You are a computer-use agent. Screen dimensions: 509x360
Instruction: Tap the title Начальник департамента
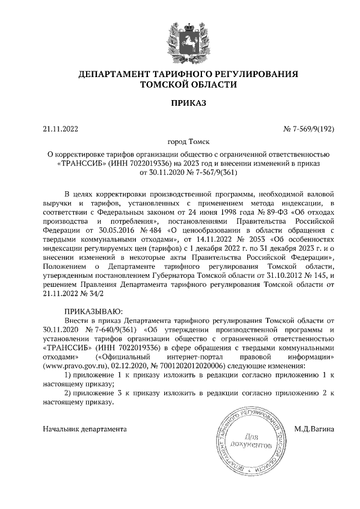tap(85, 429)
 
